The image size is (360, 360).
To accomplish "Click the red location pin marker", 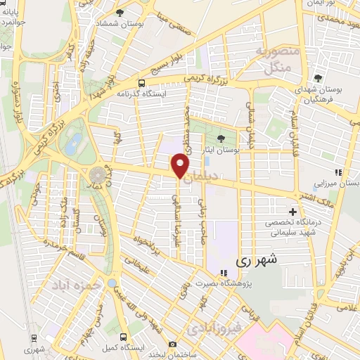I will [180, 167].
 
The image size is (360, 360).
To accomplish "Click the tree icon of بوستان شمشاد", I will [119, 12].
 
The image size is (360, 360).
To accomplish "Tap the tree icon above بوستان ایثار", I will [222, 139].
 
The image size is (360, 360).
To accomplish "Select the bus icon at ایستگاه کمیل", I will [124, 338].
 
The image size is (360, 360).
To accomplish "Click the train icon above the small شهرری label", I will [30, 337].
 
